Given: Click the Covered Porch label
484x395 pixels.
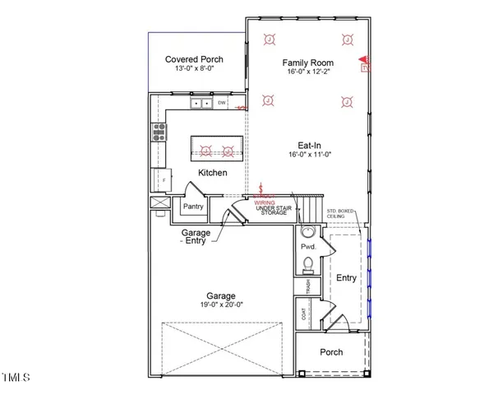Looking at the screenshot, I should [194, 59].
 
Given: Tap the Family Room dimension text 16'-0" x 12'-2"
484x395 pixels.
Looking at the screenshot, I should [307, 73].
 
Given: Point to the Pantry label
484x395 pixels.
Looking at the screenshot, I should [193, 207].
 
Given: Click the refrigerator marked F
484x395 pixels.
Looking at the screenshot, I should [162, 178].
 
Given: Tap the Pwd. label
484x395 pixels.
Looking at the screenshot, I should [309, 247].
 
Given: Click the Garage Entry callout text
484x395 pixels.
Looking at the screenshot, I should [196, 237].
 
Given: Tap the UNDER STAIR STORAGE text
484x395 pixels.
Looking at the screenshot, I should [271, 209].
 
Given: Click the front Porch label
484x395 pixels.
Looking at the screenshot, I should [330, 352].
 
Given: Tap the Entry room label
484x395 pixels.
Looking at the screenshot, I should [346, 278].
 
